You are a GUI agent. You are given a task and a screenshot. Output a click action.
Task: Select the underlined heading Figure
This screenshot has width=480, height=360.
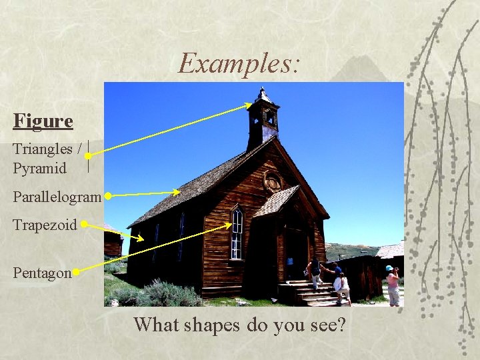[43, 121]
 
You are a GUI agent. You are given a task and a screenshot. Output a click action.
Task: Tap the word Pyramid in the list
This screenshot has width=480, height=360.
[39, 169]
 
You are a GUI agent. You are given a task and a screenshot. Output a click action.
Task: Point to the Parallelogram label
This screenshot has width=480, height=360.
[56, 197]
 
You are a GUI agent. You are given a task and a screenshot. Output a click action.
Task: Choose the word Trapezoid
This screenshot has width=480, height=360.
[45, 225]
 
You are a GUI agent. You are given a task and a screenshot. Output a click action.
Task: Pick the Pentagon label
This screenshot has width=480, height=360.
[42, 273]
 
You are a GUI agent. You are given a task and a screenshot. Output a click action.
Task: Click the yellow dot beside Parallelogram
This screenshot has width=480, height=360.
[107, 197]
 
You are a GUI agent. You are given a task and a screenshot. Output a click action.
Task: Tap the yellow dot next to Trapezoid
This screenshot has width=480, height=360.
[84, 225]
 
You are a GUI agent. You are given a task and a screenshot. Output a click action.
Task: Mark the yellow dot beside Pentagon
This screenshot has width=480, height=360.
[77, 272]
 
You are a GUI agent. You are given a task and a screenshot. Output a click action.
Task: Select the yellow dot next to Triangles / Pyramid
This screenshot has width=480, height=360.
[88, 156]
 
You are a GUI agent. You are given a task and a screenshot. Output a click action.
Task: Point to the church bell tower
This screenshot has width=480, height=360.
[263, 120]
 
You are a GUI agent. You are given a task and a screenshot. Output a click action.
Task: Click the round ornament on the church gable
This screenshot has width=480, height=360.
[273, 181]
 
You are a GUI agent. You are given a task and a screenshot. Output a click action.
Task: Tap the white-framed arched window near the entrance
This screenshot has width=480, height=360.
[236, 234]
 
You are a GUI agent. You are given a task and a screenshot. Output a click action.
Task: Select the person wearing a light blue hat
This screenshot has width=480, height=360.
[393, 285]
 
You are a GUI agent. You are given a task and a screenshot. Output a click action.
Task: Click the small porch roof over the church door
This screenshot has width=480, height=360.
[275, 201]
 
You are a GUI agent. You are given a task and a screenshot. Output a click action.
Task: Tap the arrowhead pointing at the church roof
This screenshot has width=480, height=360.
[177, 192]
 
